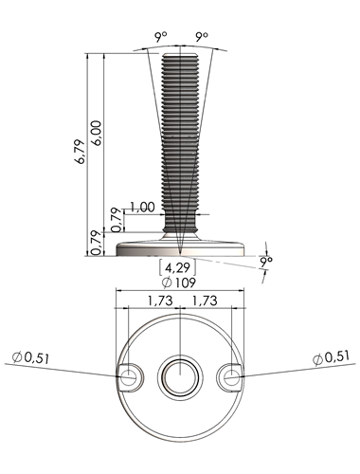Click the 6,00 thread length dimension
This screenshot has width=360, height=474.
click(x=98, y=133)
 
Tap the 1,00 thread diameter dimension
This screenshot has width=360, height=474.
click(x=142, y=208)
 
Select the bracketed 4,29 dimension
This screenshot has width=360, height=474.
click(x=177, y=267)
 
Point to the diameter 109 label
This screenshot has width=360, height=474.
click(x=179, y=283)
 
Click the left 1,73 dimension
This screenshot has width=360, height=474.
click(x=160, y=301)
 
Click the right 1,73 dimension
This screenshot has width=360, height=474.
click(x=205, y=301)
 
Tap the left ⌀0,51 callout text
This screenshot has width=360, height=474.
click(x=30, y=357)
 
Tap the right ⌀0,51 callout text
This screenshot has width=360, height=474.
click(x=332, y=357)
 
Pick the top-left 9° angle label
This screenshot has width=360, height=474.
click(x=160, y=37)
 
